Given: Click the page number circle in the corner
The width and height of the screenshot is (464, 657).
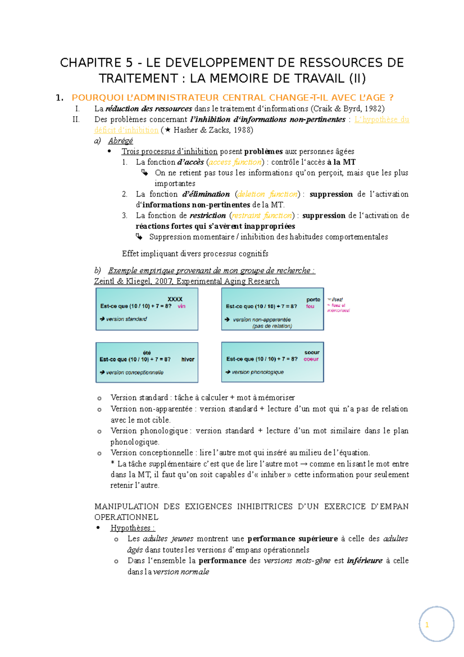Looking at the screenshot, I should (436, 624).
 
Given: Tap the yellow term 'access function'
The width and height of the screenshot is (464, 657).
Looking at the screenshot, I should (235, 162).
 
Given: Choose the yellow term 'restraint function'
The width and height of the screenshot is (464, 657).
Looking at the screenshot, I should (262, 216).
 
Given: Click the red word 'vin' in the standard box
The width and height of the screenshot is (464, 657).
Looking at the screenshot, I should (181, 306).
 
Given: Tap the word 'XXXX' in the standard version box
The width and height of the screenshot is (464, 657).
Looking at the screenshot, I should (175, 299).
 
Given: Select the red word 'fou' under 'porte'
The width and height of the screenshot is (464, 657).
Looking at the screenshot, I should (310, 306).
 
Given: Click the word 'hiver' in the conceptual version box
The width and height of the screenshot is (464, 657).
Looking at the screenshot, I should (188, 359).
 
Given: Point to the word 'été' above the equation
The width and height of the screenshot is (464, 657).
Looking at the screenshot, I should (147, 352).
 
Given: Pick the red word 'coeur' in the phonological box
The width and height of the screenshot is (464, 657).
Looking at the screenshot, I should (311, 359).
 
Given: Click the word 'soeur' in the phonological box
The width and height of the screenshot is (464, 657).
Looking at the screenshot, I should (312, 352).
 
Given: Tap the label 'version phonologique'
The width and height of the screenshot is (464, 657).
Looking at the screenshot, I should (258, 372).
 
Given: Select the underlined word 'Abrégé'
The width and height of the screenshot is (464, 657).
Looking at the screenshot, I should (121, 141).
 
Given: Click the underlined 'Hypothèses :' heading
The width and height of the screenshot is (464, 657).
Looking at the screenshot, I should (133, 528).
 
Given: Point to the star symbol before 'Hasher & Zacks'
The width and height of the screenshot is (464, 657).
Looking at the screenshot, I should (167, 130).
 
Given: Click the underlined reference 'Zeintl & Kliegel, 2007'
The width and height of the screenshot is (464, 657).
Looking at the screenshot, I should (134, 281).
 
